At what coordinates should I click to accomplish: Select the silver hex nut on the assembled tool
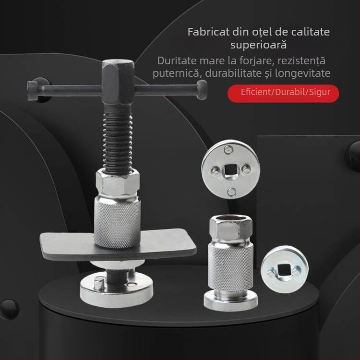118,181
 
